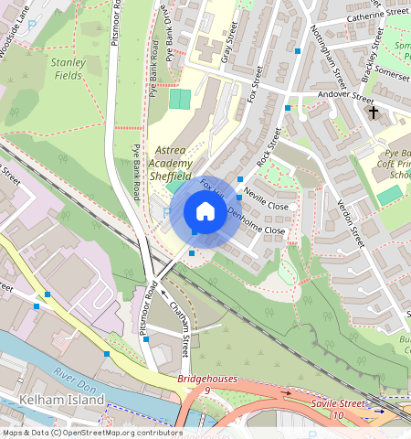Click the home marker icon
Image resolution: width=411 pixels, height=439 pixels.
point(205,212)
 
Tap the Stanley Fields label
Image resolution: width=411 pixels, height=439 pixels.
point(68,69)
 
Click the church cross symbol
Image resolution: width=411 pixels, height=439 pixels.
point(373,112)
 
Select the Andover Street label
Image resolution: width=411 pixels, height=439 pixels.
point(345,97)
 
